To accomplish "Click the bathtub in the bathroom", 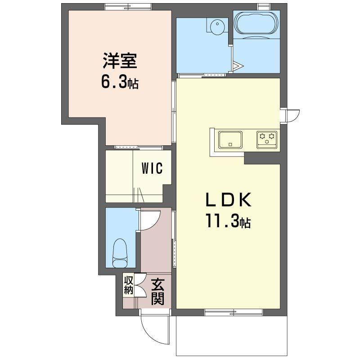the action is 256,25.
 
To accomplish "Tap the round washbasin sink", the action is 217,27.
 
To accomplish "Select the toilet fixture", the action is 120,253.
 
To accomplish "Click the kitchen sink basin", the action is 230,139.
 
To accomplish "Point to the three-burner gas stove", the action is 267,139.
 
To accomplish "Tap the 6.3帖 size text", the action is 120,83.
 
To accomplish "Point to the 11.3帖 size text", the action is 228,220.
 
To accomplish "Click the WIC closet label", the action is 152,168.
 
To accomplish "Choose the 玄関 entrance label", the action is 158,292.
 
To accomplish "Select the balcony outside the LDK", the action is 231,336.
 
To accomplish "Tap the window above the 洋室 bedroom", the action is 128,7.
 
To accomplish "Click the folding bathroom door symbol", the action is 237,67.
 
